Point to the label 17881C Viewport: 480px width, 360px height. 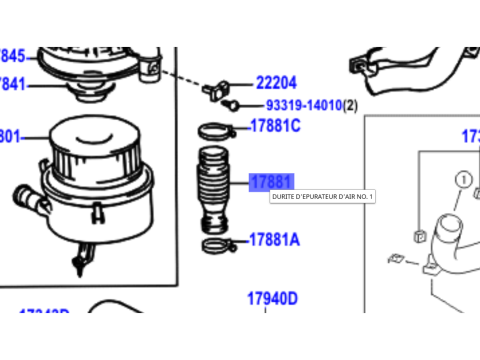[274, 127]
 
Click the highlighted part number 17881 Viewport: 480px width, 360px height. [270, 182]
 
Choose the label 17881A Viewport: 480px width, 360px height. [274, 240]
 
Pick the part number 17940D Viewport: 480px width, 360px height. [273, 298]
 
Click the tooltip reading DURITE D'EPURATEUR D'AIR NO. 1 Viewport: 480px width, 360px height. [322, 197]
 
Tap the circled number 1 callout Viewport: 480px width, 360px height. [463, 179]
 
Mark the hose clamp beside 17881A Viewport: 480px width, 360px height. [216, 243]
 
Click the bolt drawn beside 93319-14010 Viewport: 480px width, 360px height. [230, 104]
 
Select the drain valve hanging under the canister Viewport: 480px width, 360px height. [79, 259]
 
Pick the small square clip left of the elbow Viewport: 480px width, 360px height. [415, 237]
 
